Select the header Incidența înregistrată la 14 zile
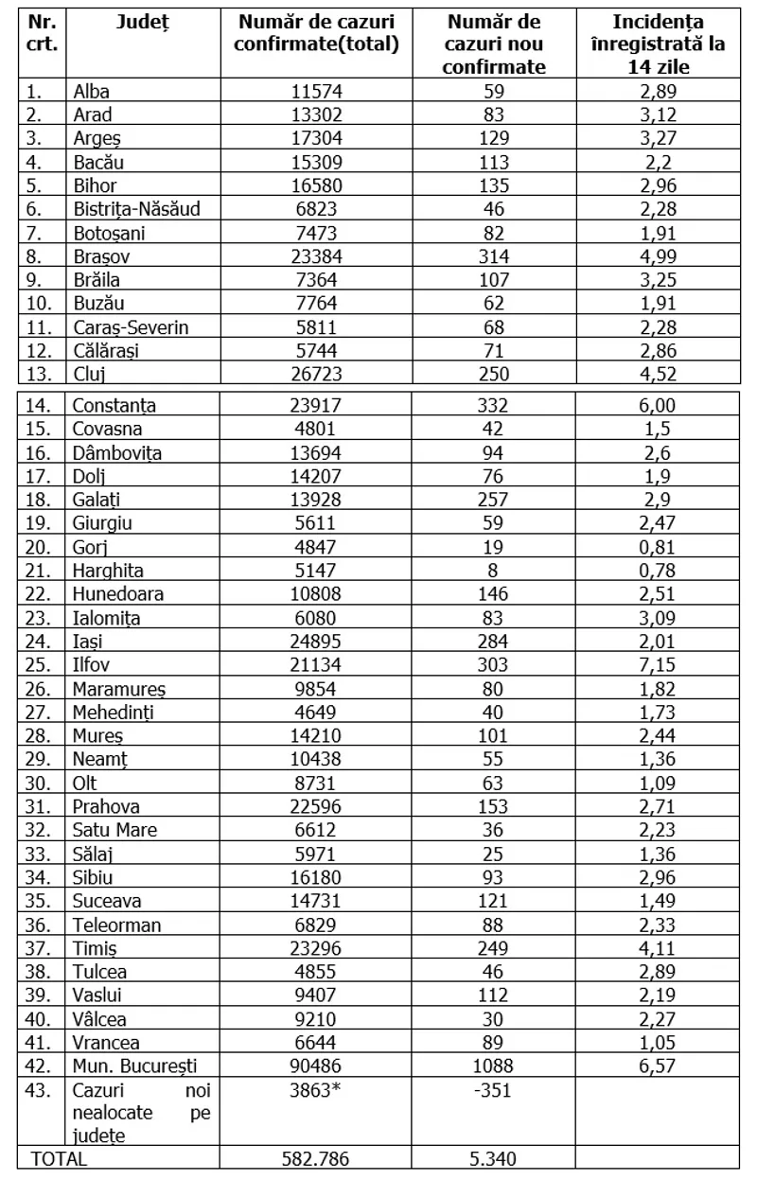tap(662, 44)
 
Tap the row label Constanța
tap(114, 405)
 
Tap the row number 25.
tap(35, 665)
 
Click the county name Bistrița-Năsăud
tap(136, 208)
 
